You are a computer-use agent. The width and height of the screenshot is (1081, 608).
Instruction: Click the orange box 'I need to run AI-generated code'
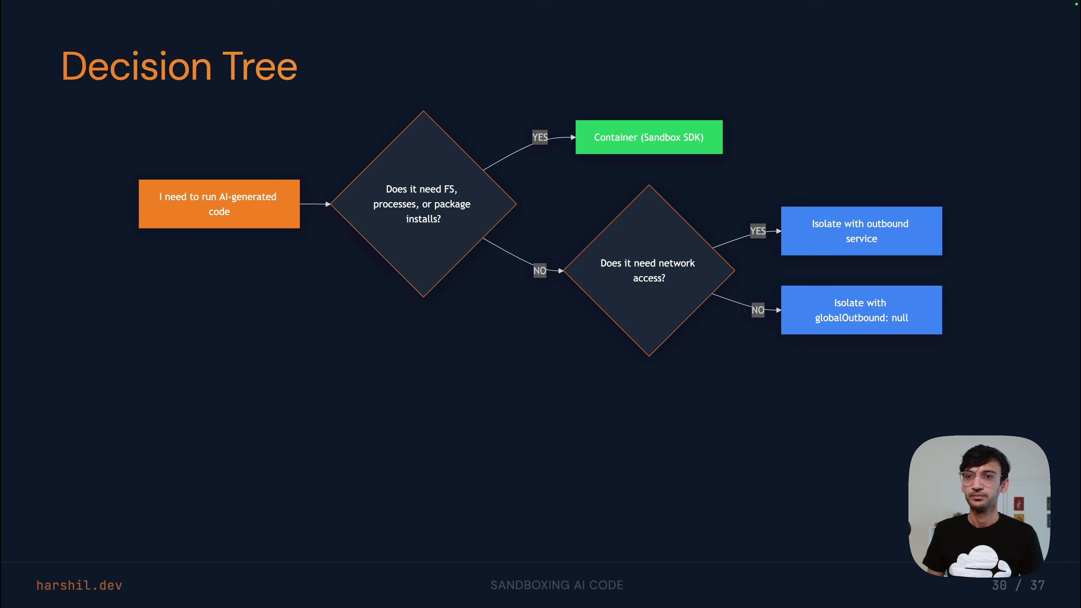pos(219,204)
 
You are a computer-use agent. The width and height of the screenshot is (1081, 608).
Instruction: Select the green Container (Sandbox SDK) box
pos(649,137)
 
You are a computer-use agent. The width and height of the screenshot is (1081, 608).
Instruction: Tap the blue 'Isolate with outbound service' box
pos(861,231)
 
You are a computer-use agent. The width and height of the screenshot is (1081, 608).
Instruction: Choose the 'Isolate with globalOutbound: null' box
pos(861,310)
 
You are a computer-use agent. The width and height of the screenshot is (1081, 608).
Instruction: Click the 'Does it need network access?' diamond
pos(649,271)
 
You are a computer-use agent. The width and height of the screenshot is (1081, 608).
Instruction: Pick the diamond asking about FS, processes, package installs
pos(423,204)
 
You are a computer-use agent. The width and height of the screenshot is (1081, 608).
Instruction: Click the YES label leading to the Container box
pos(540,137)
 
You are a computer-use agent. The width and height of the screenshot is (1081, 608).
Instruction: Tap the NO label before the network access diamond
pos(540,271)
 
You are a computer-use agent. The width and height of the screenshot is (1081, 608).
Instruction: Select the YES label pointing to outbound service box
pos(758,231)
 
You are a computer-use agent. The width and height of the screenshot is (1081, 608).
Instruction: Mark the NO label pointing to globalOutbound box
pos(758,310)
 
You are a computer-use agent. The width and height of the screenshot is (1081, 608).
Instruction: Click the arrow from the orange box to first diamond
pos(315,204)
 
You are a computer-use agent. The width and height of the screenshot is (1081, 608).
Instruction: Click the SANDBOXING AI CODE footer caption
pos(557,585)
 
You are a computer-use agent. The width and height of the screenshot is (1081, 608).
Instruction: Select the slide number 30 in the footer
pos(999,585)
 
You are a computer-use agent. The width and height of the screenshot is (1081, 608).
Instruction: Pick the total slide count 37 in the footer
pos(1037,585)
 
